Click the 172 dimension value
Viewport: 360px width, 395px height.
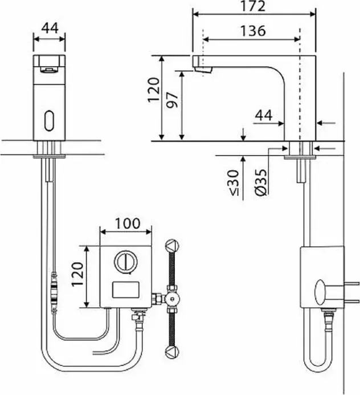[x=253, y=6]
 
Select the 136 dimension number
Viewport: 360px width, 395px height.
[x=253, y=31]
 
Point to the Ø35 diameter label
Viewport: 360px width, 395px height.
[x=261, y=182]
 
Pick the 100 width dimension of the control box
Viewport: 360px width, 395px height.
[x=128, y=223]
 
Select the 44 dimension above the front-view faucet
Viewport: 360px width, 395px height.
[x=50, y=28]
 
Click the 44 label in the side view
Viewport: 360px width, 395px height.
[x=264, y=115]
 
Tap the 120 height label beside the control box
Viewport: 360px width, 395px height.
[x=77, y=274]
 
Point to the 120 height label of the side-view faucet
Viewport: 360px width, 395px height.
[x=154, y=90]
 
